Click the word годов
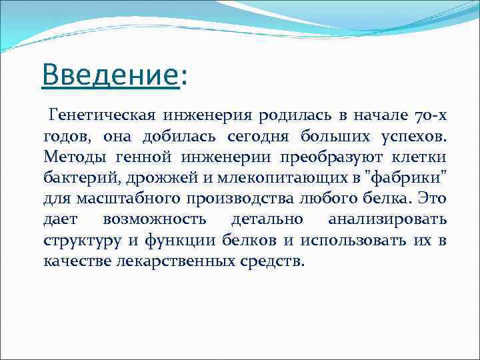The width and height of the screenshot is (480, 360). pos(67,137)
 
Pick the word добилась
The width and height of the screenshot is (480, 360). pos(172,137)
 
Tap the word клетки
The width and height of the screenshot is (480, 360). pos(421,157)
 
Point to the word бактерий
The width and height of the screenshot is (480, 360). pos(75,178)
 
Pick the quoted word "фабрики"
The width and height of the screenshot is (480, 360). pos(404,178)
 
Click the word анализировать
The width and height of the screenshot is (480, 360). pos(387,219)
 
